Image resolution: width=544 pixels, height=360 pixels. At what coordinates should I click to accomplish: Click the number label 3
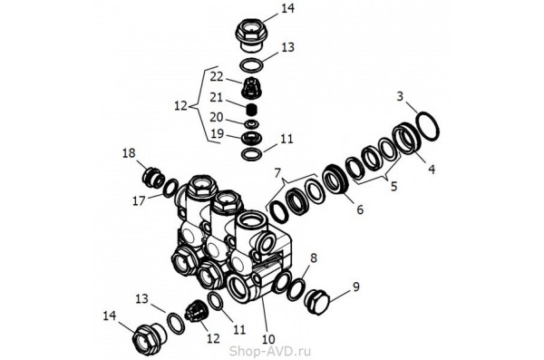[401, 96]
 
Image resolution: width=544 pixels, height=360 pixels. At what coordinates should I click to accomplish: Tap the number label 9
[356, 287]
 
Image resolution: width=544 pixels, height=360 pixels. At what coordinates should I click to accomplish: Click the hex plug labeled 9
[318, 302]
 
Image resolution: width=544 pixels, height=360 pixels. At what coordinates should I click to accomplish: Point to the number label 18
[129, 153]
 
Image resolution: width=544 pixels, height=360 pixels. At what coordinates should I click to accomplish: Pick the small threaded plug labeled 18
[153, 177]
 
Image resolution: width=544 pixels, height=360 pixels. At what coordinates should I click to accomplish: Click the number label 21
[217, 98]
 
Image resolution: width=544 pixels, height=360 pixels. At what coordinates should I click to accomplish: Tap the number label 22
[217, 77]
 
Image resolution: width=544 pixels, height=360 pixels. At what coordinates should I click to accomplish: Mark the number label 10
[269, 339]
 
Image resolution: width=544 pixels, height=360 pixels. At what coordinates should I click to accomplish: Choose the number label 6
[360, 209]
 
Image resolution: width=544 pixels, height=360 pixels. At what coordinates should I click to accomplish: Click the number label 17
[139, 200]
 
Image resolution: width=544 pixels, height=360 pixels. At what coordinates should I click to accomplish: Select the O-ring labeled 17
[170, 189]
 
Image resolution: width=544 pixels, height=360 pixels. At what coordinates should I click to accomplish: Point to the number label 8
[314, 258]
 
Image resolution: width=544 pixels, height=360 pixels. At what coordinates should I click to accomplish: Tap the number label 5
[393, 187]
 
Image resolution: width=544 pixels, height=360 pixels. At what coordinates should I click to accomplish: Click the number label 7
[277, 172]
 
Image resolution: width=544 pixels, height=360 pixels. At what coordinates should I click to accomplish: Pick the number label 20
[217, 117]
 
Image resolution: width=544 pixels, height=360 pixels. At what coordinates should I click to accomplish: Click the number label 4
[432, 170]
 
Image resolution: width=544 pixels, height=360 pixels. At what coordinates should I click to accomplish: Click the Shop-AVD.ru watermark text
[270, 351]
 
